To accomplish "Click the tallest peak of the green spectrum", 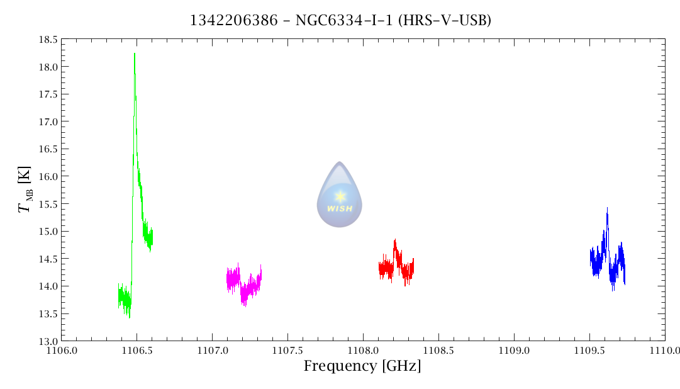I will click(x=135, y=55).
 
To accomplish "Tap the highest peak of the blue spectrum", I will click(x=607, y=210).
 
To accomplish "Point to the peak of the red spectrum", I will click(x=395, y=241).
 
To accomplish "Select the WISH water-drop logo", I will click(x=340, y=194).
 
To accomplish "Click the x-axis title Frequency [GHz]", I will click(x=362, y=366).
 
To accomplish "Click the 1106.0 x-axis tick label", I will click(x=61, y=350).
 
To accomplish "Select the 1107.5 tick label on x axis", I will click(x=287, y=350).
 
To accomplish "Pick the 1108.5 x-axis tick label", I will click(x=438, y=350).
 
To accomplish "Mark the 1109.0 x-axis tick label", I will click(x=514, y=350).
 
